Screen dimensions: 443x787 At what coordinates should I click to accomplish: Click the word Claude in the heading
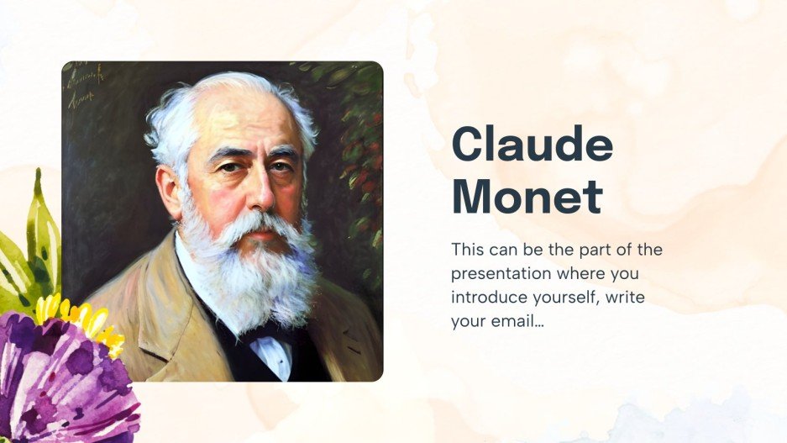click(532, 145)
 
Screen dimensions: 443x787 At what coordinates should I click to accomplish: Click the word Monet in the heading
click(527, 197)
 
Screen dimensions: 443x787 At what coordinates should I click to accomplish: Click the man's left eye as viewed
click(228, 166)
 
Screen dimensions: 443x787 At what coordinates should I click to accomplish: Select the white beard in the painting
click(252, 269)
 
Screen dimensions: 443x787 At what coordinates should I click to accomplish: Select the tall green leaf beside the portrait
click(40, 227)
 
